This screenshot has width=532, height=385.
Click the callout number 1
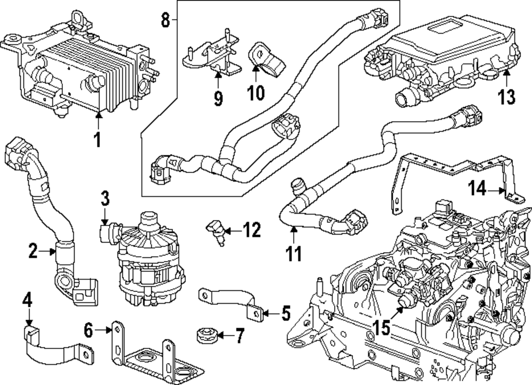(x=97, y=139)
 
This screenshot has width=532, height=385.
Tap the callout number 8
(x=165, y=20)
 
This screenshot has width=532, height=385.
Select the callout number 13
(x=506, y=96)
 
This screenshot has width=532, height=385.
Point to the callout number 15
(x=381, y=328)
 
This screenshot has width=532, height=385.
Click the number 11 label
(x=294, y=253)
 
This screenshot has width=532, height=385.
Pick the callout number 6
(x=88, y=330)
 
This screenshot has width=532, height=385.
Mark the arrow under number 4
(x=29, y=317)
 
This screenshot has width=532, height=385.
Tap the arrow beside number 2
(x=47, y=252)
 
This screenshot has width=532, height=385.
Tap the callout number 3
(x=105, y=198)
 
